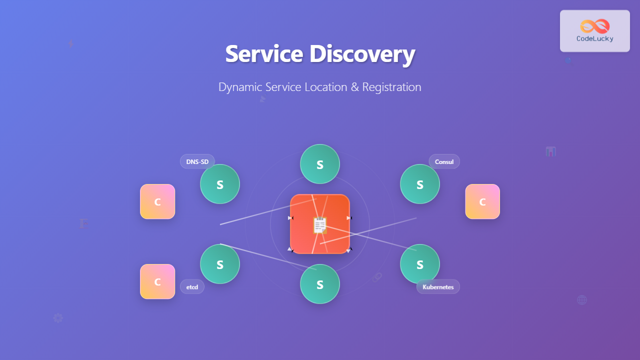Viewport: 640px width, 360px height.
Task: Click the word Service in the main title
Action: click(x=263, y=54)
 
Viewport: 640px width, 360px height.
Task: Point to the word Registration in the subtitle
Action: click(x=391, y=87)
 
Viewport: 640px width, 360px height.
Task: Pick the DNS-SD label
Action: click(x=197, y=161)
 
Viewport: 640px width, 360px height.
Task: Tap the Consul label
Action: click(x=444, y=161)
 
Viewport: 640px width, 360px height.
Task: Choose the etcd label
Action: click(x=192, y=286)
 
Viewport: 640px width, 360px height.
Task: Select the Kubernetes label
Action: click(x=438, y=287)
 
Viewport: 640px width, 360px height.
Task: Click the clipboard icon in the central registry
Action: click(x=320, y=225)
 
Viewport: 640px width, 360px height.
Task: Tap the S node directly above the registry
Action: click(x=320, y=164)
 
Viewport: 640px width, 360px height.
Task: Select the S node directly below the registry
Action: click(x=320, y=284)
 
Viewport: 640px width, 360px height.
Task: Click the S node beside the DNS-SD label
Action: click(x=220, y=184)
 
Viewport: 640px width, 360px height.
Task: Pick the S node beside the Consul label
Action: click(x=420, y=184)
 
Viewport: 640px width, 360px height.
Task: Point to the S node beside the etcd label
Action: click(x=220, y=264)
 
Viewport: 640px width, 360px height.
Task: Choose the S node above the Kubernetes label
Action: click(x=420, y=264)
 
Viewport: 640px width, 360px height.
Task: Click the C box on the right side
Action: click(x=482, y=201)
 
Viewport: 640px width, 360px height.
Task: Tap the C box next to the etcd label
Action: click(x=157, y=281)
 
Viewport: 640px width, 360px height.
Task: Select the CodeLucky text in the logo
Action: click(x=595, y=38)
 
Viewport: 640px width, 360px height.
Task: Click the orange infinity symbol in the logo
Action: click(x=595, y=26)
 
